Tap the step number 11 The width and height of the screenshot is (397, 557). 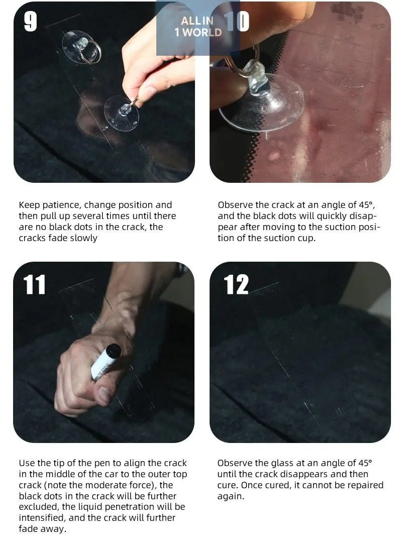click(35, 285)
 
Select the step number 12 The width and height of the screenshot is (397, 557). click(236, 285)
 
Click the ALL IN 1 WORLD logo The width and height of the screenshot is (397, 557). click(198, 27)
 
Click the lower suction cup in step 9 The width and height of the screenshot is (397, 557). click(122, 113)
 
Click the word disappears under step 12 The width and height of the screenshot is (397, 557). click(304, 475)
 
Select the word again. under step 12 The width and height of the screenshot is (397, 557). click(231, 497)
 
